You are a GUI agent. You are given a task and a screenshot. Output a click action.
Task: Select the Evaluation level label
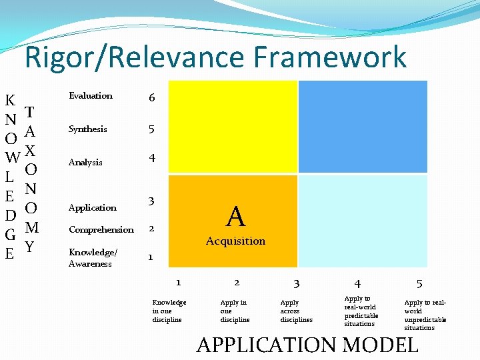[x=91, y=96]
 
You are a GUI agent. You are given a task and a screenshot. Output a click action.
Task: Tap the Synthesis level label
[x=88, y=129]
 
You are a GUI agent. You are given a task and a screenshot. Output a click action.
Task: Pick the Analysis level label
[x=86, y=162]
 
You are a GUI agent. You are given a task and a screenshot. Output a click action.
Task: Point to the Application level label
[x=93, y=207]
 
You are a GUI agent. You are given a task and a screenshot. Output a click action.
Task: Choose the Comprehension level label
[x=101, y=229]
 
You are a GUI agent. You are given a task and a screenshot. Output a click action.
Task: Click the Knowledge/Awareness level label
[x=93, y=257]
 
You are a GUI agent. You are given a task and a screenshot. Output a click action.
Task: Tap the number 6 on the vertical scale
[x=152, y=97]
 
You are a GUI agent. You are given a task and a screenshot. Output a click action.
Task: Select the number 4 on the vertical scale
[x=152, y=158]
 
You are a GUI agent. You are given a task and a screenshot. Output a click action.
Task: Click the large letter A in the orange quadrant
[x=235, y=217]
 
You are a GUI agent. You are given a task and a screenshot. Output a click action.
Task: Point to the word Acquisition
[x=235, y=241]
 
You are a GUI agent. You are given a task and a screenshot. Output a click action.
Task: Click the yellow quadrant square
[x=232, y=126]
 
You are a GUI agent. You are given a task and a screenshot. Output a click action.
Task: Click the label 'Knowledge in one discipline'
[x=169, y=311]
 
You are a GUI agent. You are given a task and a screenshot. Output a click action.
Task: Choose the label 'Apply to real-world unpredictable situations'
[x=425, y=315]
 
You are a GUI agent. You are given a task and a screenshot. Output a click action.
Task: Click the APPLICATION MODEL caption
[x=307, y=345]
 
